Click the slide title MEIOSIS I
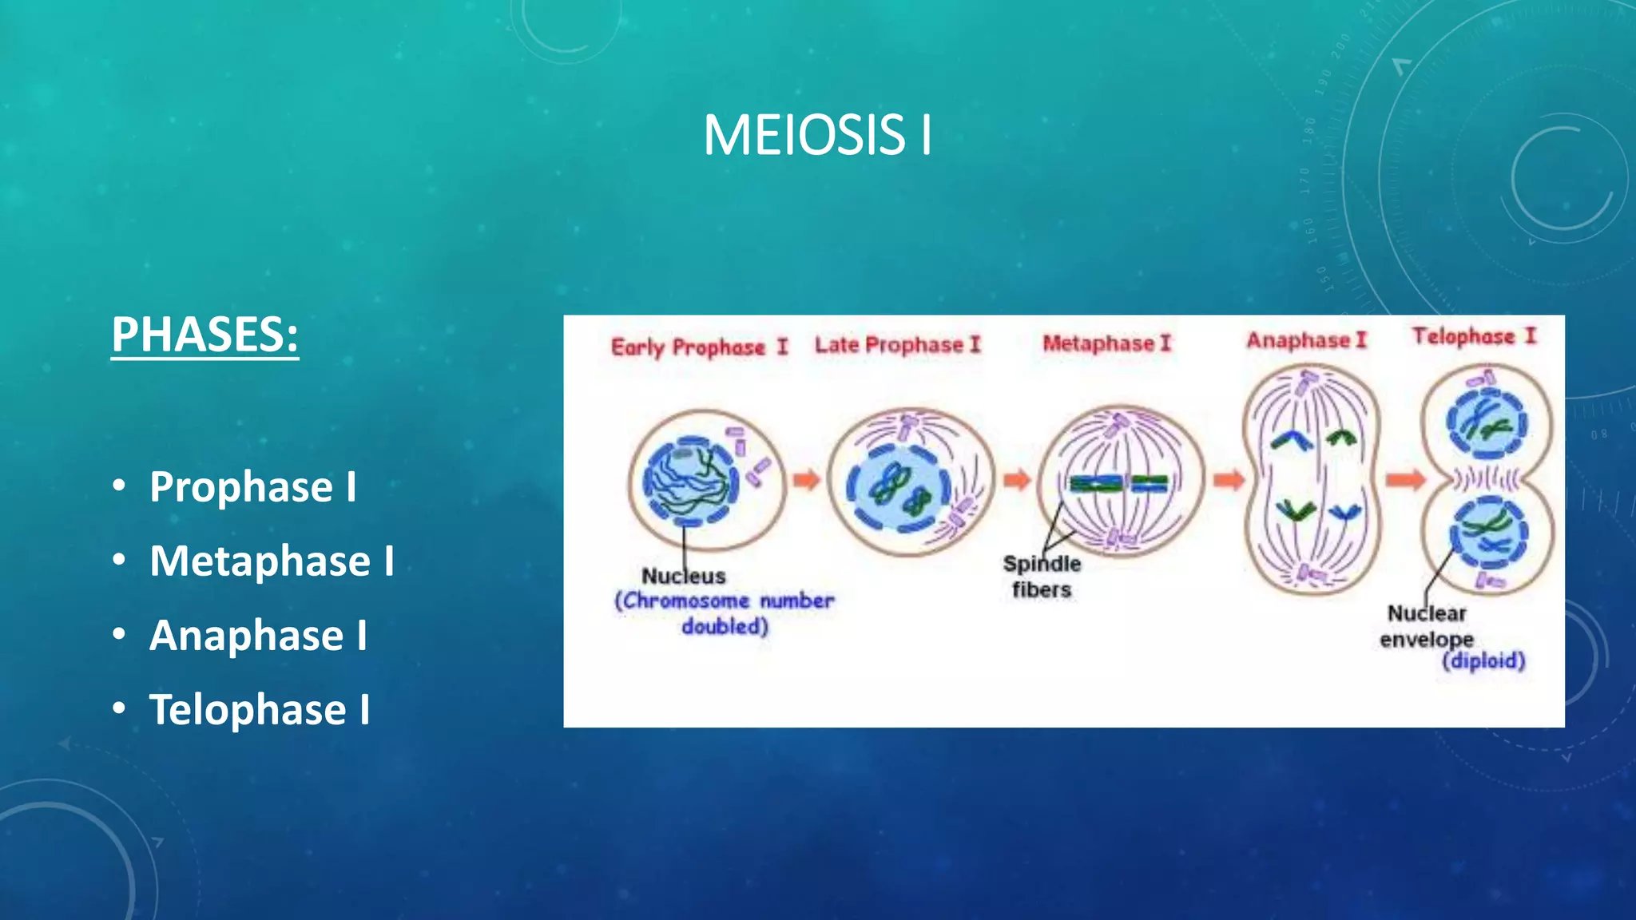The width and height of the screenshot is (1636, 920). click(817, 135)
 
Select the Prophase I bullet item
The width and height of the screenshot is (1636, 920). click(252, 486)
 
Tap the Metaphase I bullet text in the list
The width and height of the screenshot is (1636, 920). click(272, 561)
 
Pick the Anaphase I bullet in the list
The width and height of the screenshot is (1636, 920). click(258, 635)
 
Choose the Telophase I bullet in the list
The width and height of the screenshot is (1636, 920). click(260, 709)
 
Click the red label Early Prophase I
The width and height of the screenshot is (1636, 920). click(699, 347)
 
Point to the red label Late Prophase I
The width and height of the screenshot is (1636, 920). click(897, 345)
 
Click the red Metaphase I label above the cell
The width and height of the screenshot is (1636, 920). click(1106, 343)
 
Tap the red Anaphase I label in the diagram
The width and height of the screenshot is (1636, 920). click(1307, 340)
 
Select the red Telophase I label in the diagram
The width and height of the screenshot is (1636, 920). click(1474, 336)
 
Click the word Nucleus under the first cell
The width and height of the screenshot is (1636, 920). click(684, 576)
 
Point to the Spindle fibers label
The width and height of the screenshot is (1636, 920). click(1042, 576)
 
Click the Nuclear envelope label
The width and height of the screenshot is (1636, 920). click(1427, 626)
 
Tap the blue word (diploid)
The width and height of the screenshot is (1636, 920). click(1483, 661)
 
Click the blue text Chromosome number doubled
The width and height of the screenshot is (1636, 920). click(724, 613)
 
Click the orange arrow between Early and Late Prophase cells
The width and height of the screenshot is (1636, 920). click(807, 480)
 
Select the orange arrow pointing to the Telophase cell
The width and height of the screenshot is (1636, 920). click(1405, 480)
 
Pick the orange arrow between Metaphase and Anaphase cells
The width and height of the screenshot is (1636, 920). click(1229, 480)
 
